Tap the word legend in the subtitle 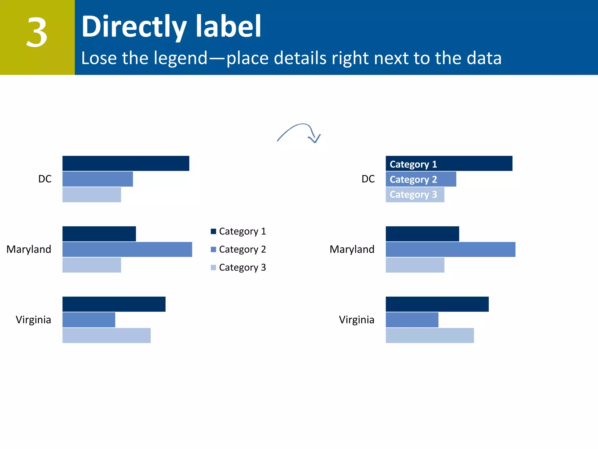coord(180,58)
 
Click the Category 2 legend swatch coord(213,249)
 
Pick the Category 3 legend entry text coord(242,267)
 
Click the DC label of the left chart coord(45,179)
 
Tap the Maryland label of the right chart coord(352,249)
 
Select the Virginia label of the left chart coord(33,320)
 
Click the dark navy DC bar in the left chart coord(126,163)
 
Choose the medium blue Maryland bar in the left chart coord(127,249)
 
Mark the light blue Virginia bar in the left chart coord(107,335)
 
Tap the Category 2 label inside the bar coord(413,179)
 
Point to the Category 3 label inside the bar coord(413,195)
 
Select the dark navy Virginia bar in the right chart coord(437,304)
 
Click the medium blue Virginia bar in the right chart coord(412,320)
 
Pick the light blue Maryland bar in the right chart coord(415,265)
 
